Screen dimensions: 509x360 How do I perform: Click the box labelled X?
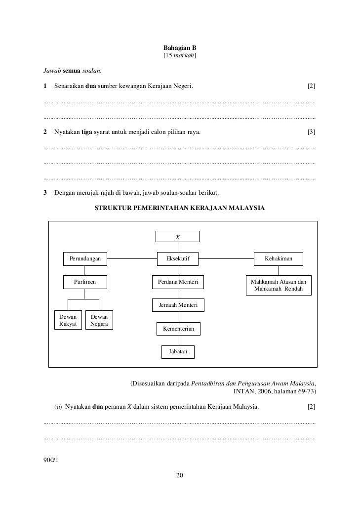click(177, 237)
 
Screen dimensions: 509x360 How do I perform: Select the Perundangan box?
click(85, 258)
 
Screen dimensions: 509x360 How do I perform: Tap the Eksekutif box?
click(178, 258)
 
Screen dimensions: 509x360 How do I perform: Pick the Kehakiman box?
click(279, 258)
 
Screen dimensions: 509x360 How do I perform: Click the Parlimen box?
click(85, 282)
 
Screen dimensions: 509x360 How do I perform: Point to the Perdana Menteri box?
click(178, 282)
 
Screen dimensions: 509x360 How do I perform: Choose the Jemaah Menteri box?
click(178, 305)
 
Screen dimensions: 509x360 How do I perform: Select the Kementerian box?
click(178, 329)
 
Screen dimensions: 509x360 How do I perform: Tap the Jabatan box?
click(178, 351)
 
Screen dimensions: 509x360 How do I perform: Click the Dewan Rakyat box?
click(68, 320)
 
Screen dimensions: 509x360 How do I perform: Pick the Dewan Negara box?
click(99, 320)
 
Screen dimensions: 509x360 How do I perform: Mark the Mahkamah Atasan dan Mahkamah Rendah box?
click(279, 285)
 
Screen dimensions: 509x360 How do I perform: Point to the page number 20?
click(180, 475)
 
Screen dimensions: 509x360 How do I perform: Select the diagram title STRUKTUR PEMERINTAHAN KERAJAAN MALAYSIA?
click(179, 208)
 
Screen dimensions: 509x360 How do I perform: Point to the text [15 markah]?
click(180, 57)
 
